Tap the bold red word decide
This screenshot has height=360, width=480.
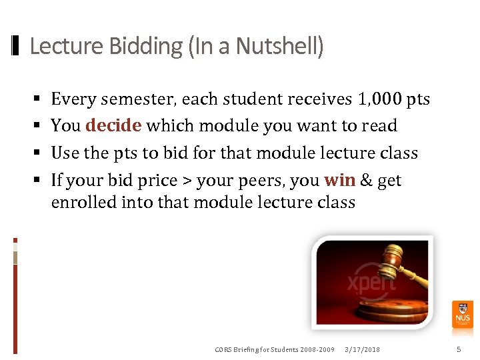[x=113, y=126]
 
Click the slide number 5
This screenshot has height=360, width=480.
[x=458, y=349]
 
